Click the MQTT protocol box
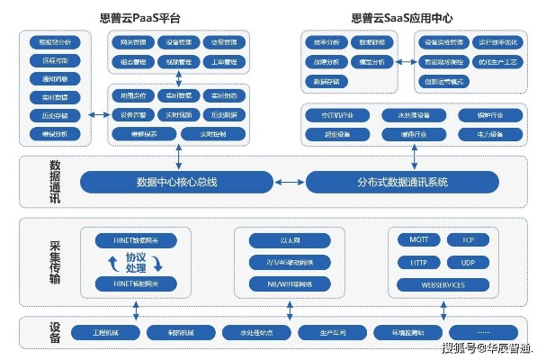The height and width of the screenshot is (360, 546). point(419,240)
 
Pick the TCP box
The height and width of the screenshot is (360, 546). point(469,240)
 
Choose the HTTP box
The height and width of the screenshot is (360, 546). point(419,262)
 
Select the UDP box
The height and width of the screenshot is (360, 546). point(469,262)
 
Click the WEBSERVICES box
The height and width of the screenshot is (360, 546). point(443,284)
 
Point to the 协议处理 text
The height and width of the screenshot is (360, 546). point(136,263)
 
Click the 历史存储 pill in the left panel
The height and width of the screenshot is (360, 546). point(55,115)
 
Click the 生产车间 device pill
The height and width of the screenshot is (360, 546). point(330,332)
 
